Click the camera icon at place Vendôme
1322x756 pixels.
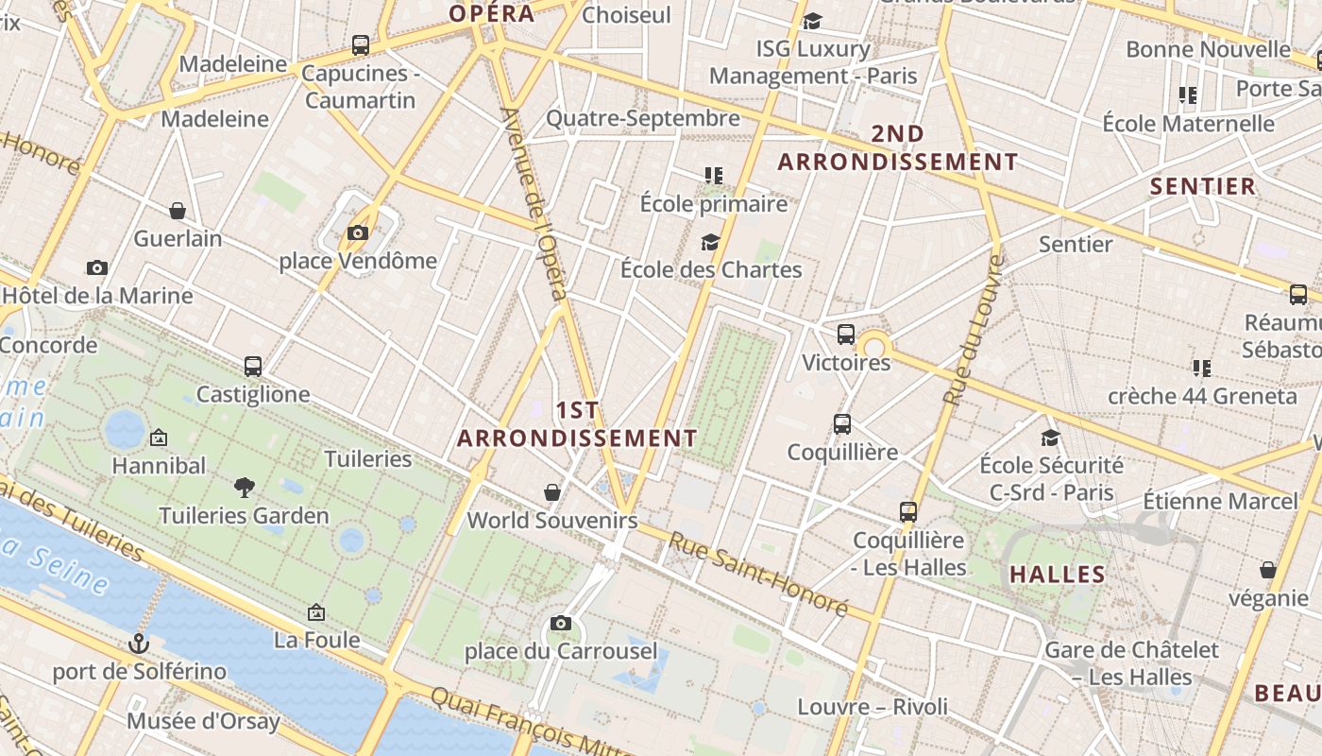(x=357, y=232)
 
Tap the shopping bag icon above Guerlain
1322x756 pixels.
(x=178, y=210)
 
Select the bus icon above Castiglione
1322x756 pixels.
(x=252, y=366)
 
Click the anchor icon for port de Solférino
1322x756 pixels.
(x=139, y=644)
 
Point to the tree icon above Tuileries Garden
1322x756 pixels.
(x=245, y=488)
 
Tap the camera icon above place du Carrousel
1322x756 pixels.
(x=560, y=623)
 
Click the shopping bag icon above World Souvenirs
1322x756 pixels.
(x=552, y=492)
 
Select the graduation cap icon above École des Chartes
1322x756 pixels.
(x=711, y=242)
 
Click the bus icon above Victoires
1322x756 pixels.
(x=846, y=334)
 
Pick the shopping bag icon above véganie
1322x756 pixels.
(x=1268, y=570)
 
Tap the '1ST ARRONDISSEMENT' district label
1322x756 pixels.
(x=577, y=424)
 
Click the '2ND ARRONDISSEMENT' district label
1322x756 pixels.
(x=897, y=147)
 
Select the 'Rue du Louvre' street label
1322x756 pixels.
(x=974, y=331)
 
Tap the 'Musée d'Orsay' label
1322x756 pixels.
(x=203, y=722)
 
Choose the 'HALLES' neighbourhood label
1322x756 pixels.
(x=1057, y=575)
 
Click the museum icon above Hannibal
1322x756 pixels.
(x=159, y=438)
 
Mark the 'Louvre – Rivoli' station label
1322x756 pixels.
(x=873, y=707)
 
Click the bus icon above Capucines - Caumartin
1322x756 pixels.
(x=360, y=44)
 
